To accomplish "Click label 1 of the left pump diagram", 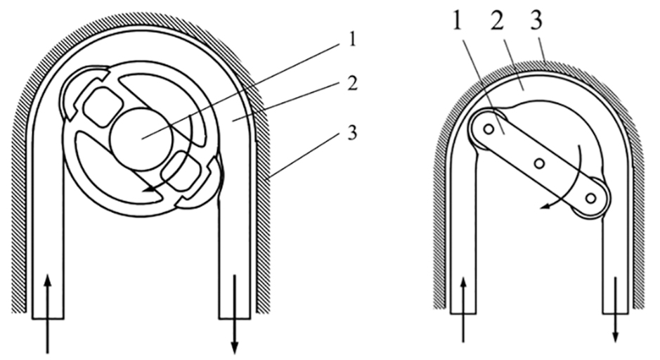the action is pyautogui.click(x=352, y=40).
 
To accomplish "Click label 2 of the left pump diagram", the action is pyautogui.click(x=352, y=84).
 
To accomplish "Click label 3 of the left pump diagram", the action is pyautogui.click(x=352, y=133).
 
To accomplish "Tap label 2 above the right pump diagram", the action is pyautogui.click(x=497, y=22).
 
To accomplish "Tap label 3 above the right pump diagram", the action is pyautogui.click(x=536, y=22).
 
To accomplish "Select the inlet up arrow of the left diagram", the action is pyautogui.click(x=48, y=314).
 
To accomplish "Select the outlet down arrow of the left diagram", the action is pyautogui.click(x=235, y=314).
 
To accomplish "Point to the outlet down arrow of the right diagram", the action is pyautogui.click(x=616, y=309).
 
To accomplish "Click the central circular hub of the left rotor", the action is pyautogui.click(x=141, y=139).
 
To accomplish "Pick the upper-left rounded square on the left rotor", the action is pyautogui.click(x=103, y=108).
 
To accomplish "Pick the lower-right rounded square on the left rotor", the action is pyautogui.click(x=181, y=171).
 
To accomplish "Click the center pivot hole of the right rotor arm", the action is pyautogui.click(x=539, y=162).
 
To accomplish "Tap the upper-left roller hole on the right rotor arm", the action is pyautogui.click(x=488, y=129).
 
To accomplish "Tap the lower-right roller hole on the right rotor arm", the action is pyautogui.click(x=590, y=197).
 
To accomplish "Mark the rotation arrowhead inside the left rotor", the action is pyautogui.click(x=148, y=191).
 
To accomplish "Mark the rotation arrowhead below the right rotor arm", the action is pyautogui.click(x=546, y=206).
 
